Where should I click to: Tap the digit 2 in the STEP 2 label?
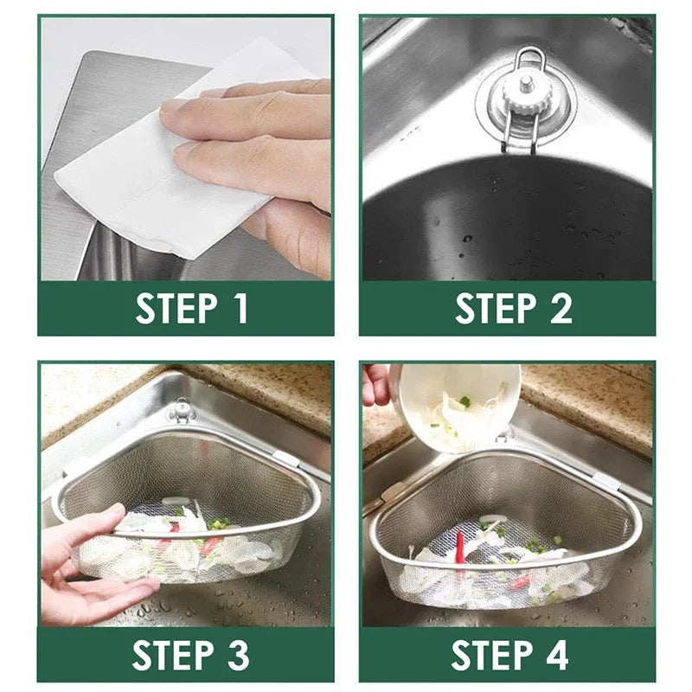tap(560, 309)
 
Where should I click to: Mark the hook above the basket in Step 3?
tap(182, 409)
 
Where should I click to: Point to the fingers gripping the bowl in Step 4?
tap(376, 385)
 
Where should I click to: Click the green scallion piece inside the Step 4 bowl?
tap(465, 402)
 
